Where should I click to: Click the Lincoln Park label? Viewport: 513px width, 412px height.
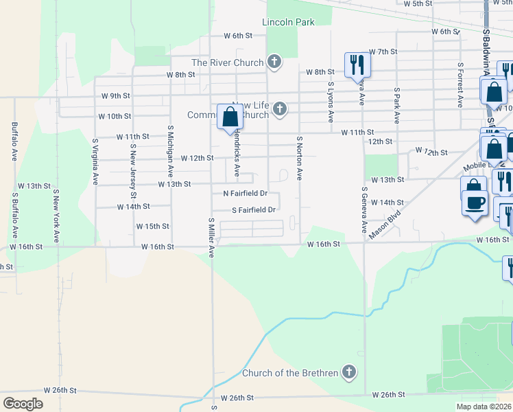288,22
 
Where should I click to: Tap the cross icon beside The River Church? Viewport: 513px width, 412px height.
274,62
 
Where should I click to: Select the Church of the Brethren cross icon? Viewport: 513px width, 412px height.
349,373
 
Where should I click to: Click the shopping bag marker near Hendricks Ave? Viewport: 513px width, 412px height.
230,117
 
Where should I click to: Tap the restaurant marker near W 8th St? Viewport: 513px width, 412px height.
357,65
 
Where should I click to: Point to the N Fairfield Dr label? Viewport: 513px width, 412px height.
244,194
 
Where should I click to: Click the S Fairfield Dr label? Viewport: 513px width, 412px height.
253,210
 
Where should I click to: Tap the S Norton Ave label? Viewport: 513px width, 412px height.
299,158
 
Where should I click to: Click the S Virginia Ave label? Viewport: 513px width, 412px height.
95,162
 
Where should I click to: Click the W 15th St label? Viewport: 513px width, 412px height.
152,226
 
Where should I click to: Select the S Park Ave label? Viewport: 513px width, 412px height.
396,105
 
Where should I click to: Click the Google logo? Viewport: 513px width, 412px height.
23,404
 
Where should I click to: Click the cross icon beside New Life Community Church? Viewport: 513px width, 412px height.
279,108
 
